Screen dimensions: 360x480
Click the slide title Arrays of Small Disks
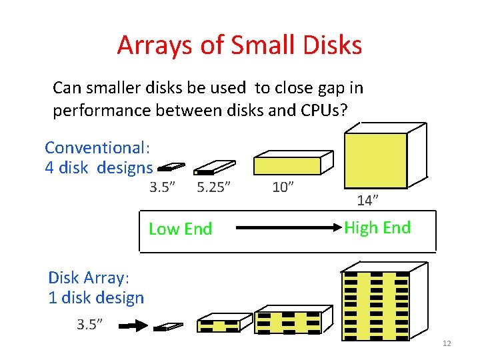tap(239, 45)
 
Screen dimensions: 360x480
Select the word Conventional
tap(93, 147)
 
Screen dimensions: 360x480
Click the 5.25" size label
tap(213, 187)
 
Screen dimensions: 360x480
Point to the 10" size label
tap(283, 187)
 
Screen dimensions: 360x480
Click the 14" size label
tap(367, 199)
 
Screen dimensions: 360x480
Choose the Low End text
tap(180, 229)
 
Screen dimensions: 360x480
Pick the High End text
tap(377, 228)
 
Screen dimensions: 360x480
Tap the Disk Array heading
tap(88, 277)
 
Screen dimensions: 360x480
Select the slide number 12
tap(447, 343)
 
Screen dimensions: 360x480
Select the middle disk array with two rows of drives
tap(293, 320)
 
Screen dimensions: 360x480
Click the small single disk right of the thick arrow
tap(168, 327)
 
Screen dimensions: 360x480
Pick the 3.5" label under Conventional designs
tap(163, 187)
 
